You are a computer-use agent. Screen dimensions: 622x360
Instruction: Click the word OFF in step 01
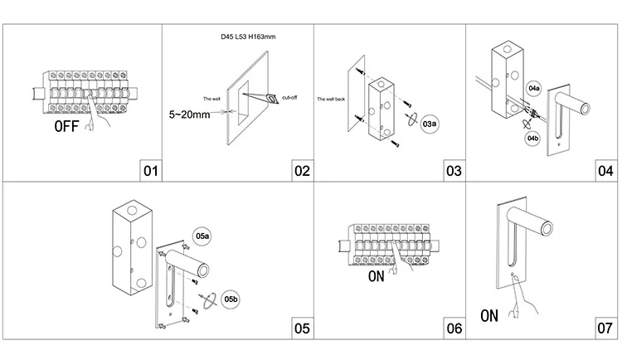66,126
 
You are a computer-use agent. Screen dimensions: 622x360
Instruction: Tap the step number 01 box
151,171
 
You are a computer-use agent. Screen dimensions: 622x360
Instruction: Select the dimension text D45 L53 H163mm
248,37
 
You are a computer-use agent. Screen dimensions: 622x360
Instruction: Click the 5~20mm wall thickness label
189,114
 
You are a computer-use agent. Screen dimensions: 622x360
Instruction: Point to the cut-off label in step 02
289,97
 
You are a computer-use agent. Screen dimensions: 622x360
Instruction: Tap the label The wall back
331,99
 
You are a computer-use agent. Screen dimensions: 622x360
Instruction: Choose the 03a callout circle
430,124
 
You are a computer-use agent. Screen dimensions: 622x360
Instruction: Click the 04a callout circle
534,88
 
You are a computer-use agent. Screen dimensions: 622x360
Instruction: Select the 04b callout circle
532,139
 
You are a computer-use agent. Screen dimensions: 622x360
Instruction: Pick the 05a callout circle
202,236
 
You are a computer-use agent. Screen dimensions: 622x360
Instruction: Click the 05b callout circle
231,299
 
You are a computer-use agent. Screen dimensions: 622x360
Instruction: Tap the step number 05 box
302,328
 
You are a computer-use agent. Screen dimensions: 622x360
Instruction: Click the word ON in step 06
376,276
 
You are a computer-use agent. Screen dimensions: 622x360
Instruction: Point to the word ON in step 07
489,316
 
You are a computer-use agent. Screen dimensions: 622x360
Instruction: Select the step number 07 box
605,328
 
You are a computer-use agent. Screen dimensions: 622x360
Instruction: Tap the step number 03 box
454,171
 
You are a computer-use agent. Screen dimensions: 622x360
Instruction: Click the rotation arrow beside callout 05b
209,300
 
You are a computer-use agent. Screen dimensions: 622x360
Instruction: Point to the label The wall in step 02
211,99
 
